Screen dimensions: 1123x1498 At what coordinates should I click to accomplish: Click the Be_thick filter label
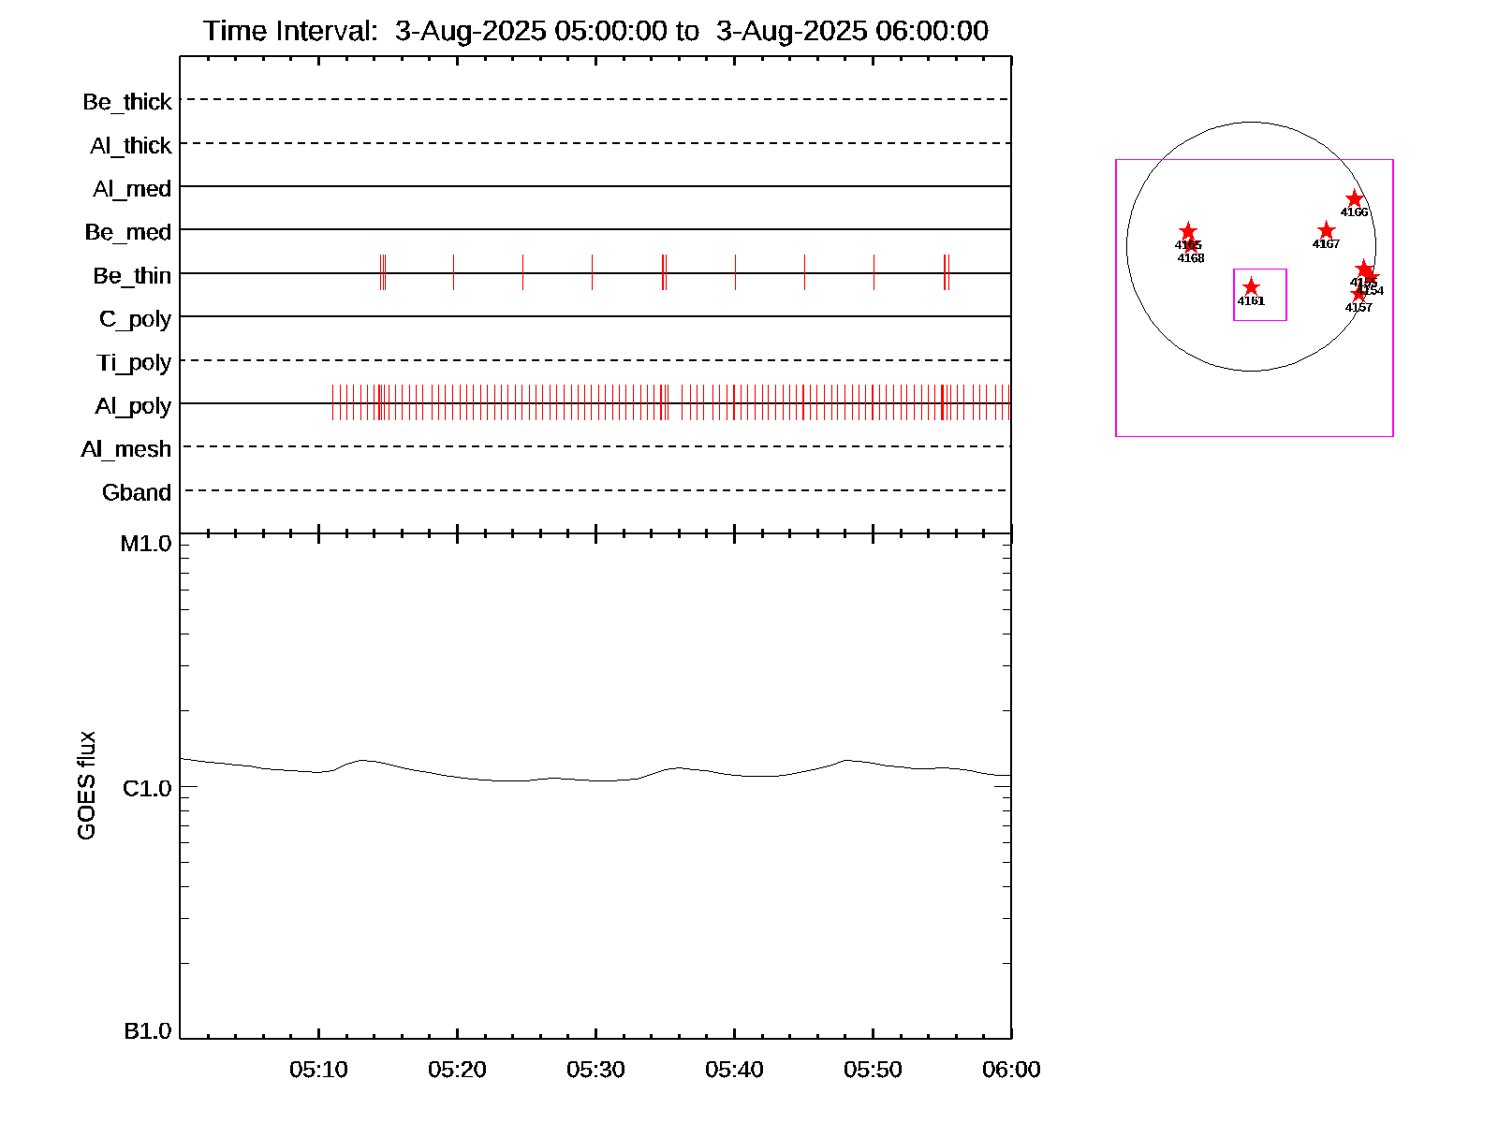click(x=126, y=102)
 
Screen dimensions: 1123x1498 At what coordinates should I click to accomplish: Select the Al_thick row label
click(x=130, y=146)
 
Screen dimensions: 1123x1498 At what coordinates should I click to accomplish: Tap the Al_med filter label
click(x=131, y=189)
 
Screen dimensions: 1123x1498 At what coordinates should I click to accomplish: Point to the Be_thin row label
click(x=131, y=276)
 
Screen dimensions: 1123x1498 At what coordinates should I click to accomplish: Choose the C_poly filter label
click(x=135, y=319)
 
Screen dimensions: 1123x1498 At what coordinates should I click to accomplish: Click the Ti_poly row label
click(x=133, y=362)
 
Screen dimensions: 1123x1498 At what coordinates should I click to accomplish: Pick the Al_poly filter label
click(x=133, y=406)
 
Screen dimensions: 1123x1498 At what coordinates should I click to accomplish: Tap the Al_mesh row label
click(x=125, y=449)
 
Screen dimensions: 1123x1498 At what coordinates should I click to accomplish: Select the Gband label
click(x=136, y=493)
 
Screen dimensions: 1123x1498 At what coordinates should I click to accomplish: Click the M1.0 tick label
click(x=146, y=544)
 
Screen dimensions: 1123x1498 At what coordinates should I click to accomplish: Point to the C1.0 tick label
click(x=147, y=789)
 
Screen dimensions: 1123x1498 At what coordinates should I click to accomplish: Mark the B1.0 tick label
click(x=148, y=1031)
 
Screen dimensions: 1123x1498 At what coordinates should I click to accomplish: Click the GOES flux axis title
click(x=86, y=786)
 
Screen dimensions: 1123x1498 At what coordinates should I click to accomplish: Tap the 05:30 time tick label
click(x=595, y=1070)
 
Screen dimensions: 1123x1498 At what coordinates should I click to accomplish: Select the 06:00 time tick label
click(x=1011, y=1070)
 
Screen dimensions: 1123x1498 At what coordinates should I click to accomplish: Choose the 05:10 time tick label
click(x=318, y=1070)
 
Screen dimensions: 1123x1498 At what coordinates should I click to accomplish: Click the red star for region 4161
click(x=1251, y=287)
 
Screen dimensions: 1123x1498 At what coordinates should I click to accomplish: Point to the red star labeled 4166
click(x=1354, y=199)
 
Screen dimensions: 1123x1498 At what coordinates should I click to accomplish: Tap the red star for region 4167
click(x=1326, y=231)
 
